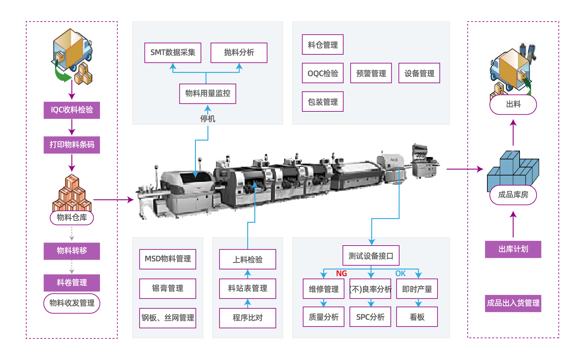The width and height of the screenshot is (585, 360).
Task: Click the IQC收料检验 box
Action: tap(72, 110)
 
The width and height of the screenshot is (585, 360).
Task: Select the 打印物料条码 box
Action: tap(72, 145)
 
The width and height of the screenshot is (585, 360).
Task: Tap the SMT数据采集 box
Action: tap(173, 53)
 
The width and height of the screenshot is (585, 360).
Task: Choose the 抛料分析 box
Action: tap(239, 53)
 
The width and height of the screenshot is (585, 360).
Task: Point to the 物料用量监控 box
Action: tap(208, 94)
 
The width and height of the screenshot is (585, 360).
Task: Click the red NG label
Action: tap(341, 273)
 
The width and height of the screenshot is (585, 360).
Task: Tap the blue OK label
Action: tap(401, 273)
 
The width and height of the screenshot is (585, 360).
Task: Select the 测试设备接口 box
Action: tap(371, 256)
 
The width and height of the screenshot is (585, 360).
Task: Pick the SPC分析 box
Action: tap(370, 317)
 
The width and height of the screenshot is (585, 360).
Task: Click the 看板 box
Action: tap(417, 317)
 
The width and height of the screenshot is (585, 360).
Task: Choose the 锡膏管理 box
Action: tap(168, 289)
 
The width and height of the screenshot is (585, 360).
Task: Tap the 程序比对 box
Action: tap(248, 318)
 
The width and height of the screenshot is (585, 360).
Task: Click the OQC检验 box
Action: tap(323, 73)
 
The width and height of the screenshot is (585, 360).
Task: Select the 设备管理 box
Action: tap(419, 73)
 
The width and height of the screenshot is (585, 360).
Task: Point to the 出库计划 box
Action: tap(513, 249)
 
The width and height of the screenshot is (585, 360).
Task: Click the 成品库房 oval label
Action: tap(513, 195)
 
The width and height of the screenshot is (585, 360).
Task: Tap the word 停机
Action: tap(208, 119)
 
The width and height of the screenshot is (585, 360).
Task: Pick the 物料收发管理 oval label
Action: tap(72, 303)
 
